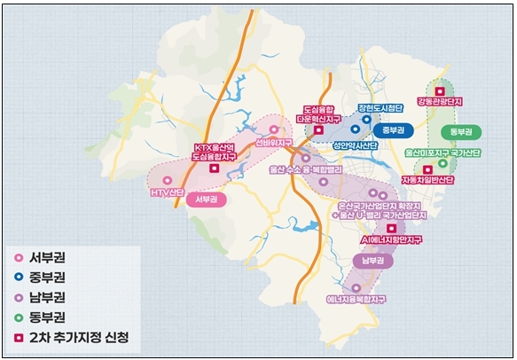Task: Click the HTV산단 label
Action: (167, 192)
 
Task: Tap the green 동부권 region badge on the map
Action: (460, 131)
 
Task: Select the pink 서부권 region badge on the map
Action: (207, 200)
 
